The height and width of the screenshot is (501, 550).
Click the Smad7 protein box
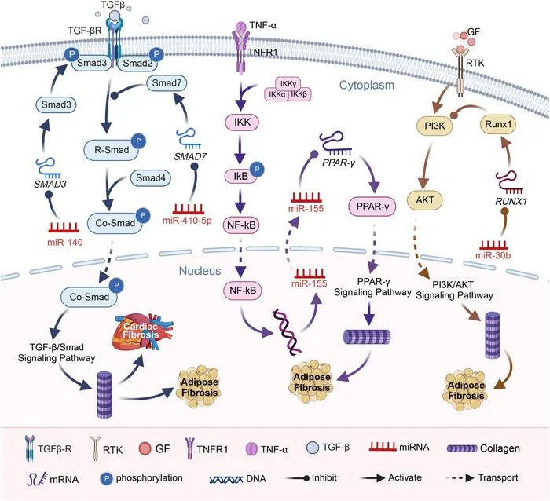pos(167,83)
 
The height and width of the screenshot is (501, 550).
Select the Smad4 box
pos(151,178)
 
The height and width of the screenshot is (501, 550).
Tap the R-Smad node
pos(112,150)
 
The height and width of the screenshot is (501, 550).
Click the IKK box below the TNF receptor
pos(242,122)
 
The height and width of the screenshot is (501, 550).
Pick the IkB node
pos(241,176)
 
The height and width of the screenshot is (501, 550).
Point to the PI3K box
pos(434,126)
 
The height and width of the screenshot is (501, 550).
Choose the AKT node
pos(425,200)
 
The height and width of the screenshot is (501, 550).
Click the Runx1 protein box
pos(498,124)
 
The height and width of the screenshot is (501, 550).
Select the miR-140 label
pos(65,242)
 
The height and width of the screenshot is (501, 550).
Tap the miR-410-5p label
pos(187,221)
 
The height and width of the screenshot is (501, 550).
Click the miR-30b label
pos(493,255)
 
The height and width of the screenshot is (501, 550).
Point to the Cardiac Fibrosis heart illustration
pos(142,331)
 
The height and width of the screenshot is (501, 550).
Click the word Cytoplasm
pos(367,85)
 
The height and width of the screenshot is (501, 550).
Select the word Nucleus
pos(200,271)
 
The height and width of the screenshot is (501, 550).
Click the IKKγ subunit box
pos(288,84)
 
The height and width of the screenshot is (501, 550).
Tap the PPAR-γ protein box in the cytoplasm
pos(372,207)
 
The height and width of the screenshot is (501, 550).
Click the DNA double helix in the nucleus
pos(288,331)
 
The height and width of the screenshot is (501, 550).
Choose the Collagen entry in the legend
pos(483,448)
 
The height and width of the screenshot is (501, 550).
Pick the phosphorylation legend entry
pos(141,478)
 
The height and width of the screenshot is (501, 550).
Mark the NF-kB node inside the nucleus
pos(243,291)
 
